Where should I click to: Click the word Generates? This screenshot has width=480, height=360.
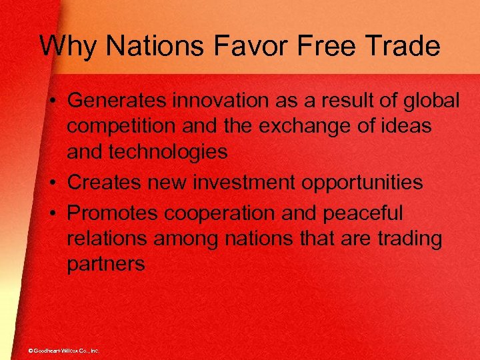tap(117, 101)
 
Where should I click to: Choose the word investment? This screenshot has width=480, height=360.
tap(241, 183)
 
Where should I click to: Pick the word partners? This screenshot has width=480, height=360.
tap(105, 265)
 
